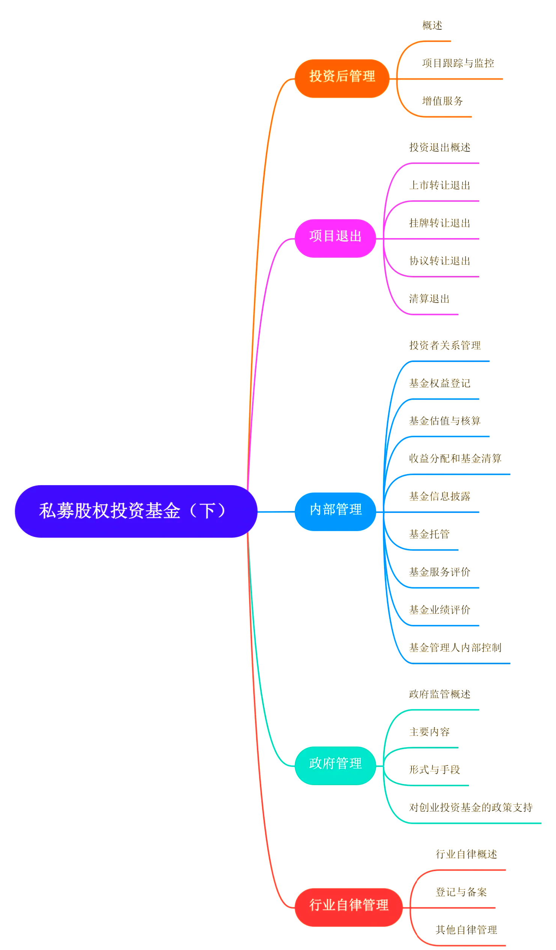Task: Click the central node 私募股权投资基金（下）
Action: click(x=136, y=511)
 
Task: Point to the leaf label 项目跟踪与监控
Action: click(x=458, y=63)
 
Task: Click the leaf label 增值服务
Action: click(x=442, y=101)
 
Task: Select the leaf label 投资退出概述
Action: click(x=440, y=148)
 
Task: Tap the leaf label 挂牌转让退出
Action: click(x=440, y=223)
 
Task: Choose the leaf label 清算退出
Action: click(x=429, y=299)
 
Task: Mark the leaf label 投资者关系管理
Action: click(x=445, y=345)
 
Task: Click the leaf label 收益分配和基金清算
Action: click(x=455, y=458)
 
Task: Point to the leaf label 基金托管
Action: click(x=429, y=534)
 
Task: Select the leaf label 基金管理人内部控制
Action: click(x=455, y=648)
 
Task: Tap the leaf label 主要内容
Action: click(x=429, y=732)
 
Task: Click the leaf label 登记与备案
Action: click(x=461, y=892)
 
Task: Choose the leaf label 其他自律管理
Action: click(x=466, y=930)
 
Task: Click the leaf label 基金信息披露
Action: click(x=440, y=496)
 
